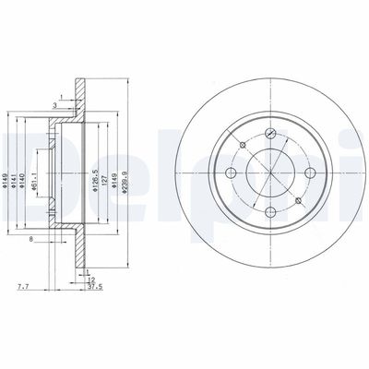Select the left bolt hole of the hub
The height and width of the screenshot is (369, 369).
[231, 173]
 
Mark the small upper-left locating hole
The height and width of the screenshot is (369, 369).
[242, 144]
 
